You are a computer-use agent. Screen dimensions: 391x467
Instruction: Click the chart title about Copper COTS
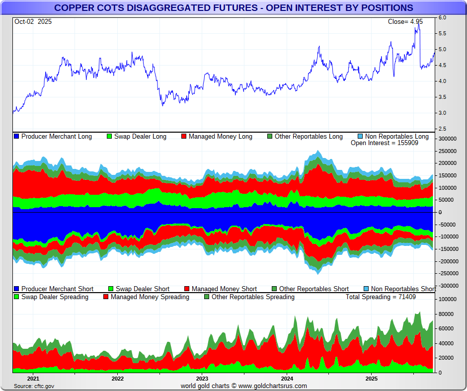(233, 8)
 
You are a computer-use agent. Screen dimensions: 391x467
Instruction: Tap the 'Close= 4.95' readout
(405, 22)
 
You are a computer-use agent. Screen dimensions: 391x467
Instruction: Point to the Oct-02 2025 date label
(33, 22)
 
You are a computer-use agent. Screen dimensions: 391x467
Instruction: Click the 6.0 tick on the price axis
(442, 18)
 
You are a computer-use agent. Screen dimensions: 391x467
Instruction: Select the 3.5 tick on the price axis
(442, 97)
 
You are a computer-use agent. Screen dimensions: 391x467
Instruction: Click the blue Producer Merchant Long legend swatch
(16, 137)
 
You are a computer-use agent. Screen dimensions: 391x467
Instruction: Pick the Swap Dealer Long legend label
(140, 137)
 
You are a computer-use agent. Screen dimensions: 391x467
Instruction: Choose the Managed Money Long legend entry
(220, 137)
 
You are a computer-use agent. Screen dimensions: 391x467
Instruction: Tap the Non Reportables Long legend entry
(396, 137)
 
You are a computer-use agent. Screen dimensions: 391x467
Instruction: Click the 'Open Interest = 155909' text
(385, 143)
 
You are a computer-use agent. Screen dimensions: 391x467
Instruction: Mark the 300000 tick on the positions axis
(447, 139)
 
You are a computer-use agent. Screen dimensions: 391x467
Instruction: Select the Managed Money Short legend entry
(224, 289)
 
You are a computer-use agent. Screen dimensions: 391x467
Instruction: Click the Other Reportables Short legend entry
(313, 289)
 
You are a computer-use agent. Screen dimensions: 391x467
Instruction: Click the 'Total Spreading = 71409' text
(381, 297)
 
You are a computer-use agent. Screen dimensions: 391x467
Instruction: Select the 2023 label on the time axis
(202, 379)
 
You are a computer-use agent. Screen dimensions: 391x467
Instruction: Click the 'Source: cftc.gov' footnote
(34, 386)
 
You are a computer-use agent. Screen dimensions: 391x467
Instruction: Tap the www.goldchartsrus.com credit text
(243, 386)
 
